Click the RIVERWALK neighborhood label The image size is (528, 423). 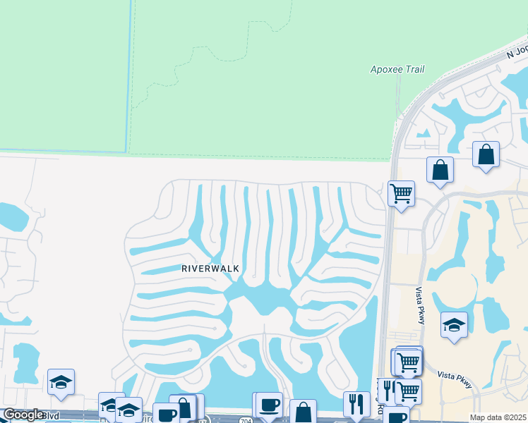210,269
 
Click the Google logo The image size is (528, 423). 23,415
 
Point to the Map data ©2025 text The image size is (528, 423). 498,417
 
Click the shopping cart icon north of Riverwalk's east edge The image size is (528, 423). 401,192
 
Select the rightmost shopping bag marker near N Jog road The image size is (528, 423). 486,154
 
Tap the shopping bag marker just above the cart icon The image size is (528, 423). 440,170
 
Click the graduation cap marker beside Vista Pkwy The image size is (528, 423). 454,325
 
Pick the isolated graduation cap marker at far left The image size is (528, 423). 61,382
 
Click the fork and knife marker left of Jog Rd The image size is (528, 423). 355,404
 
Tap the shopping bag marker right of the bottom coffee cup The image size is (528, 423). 303,412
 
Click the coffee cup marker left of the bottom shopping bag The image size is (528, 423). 269,405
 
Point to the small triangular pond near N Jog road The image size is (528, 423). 424,133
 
